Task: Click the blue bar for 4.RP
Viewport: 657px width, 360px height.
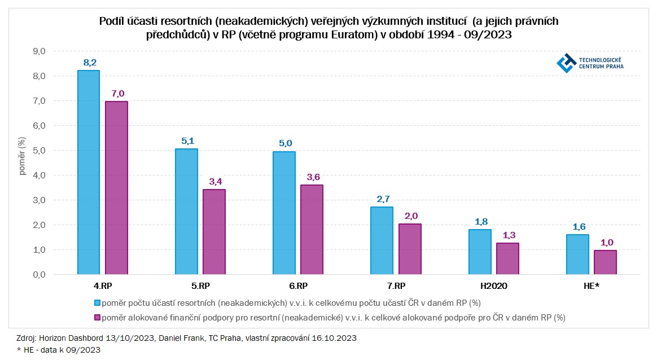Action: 88,172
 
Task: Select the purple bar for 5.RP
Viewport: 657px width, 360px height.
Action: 214,231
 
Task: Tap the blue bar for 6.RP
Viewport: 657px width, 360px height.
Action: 284,213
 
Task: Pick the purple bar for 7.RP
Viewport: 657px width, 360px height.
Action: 410,249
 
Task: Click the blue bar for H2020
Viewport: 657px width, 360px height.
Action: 480,252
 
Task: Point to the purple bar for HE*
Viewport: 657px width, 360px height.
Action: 605,262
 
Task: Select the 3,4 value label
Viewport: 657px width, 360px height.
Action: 214,181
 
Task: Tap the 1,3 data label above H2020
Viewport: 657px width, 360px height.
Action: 508,235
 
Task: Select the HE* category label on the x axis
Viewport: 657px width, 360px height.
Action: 592,286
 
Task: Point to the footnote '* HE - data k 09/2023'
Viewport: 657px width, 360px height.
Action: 58,350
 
